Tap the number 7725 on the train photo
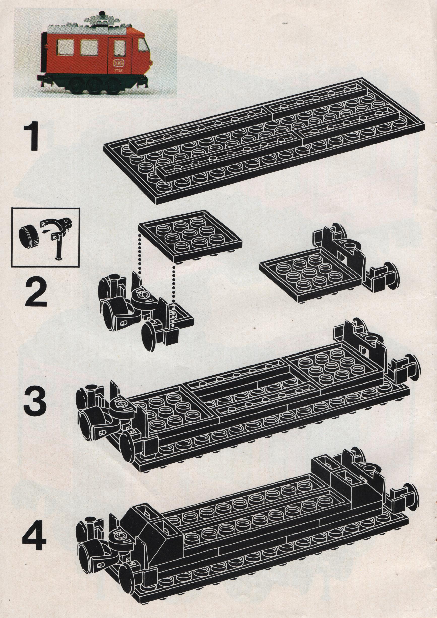(x=118, y=70)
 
